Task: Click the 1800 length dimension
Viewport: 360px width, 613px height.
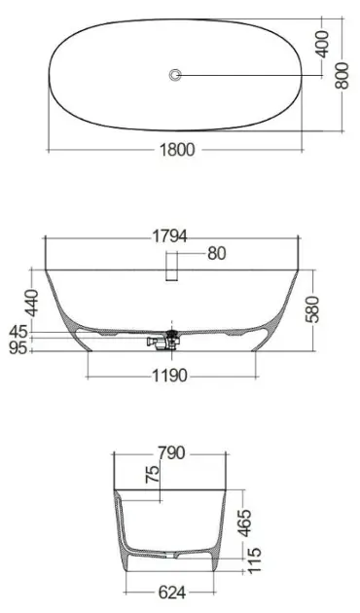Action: click(x=177, y=149)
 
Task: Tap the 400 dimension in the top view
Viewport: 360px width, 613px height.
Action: click(x=323, y=45)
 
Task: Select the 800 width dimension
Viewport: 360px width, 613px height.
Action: click(x=342, y=75)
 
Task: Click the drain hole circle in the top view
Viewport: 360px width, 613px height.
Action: click(x=175, y=74)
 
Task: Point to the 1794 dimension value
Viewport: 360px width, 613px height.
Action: click(x=170, y=236)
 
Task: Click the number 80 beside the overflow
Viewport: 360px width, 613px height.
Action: click(x=217, y=253)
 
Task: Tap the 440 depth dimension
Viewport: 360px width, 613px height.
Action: click(x=31, y=303)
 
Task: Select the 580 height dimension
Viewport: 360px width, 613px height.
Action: click(x=313, y=309)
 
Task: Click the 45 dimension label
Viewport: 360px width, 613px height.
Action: click(x=18, y=332)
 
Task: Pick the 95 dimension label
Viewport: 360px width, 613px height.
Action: click(x=18, y=347)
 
